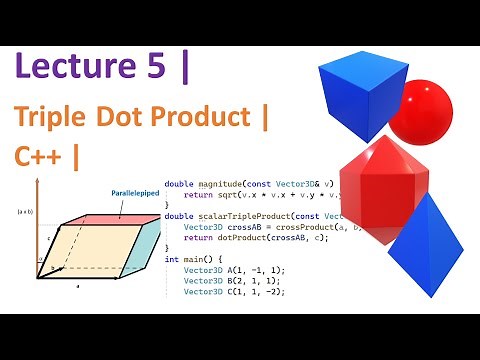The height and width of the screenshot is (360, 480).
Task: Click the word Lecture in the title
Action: pyautogui.click(x=70, y=69)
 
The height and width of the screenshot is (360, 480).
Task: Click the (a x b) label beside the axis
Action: pyautogui.click(x=24, y=213)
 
